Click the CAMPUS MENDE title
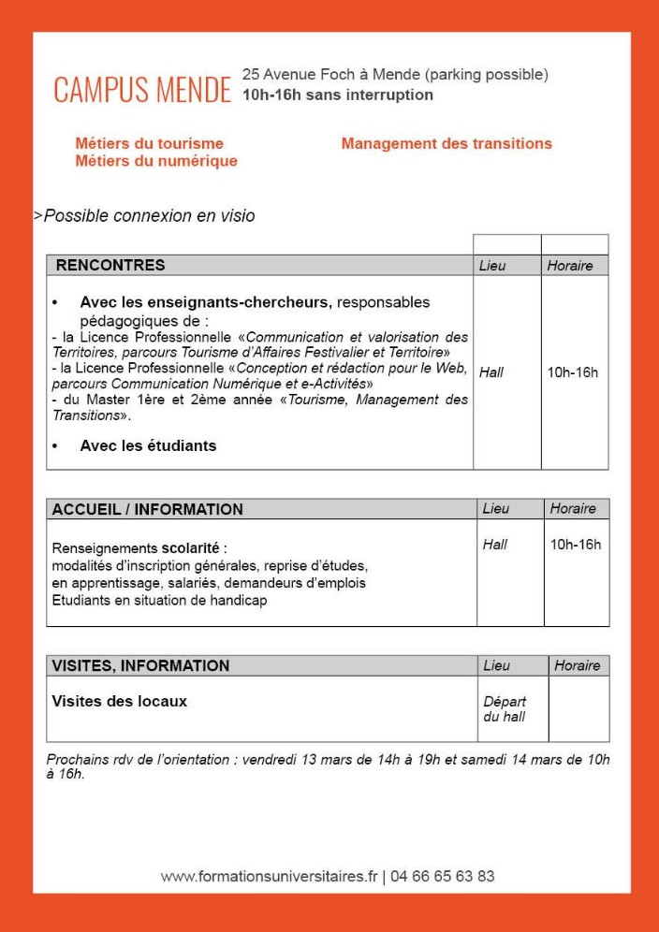click(142, 91)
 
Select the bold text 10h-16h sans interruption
click(337, 95)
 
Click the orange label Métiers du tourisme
click(150, 143)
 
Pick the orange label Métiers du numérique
click(156, 161)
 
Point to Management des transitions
click(447, 143)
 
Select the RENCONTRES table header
click(110, 265)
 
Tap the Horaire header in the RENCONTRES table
click(570, 266)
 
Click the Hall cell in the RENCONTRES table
click(491, 372)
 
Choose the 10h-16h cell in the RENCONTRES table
click(573, 372)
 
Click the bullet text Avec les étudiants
click(148, 445)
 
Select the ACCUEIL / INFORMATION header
click(147, 509)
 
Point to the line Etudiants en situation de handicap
click(159, 600)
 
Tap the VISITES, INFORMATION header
click(140, 665)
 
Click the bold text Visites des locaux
click(120, 701)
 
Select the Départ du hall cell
click(505, 709)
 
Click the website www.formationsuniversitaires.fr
click(269, 877)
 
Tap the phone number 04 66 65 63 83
click(443, 877)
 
